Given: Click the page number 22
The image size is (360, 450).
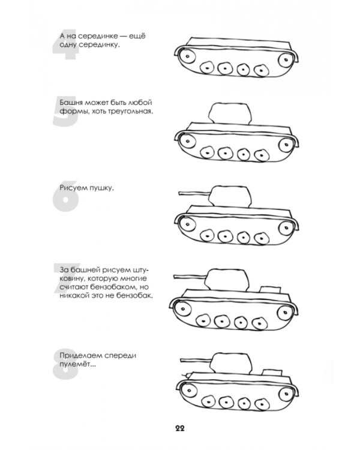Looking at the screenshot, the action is [180, 428].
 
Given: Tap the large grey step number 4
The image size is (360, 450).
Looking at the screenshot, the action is [65, 44].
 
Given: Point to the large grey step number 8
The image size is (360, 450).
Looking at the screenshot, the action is [66, 364].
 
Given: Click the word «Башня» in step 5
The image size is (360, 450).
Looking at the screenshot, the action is [71, 103].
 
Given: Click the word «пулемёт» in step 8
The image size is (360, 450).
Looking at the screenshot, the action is [78, 364].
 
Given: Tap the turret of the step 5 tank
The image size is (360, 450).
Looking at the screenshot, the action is [230, 113].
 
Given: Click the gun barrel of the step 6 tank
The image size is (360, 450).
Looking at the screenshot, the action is [195, 193].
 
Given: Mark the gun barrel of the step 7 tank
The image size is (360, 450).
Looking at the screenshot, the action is [190, 277].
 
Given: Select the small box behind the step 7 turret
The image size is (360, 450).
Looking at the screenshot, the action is [270, 289].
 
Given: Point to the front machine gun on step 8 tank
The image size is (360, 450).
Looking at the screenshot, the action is [187, 375].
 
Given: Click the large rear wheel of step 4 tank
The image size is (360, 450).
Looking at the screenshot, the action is [286, 60].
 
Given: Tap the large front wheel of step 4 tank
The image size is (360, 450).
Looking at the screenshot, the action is [187, 56].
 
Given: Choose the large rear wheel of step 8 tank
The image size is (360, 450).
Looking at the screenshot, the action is [286, 394].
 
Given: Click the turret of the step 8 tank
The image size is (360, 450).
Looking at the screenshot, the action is [231, 363].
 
